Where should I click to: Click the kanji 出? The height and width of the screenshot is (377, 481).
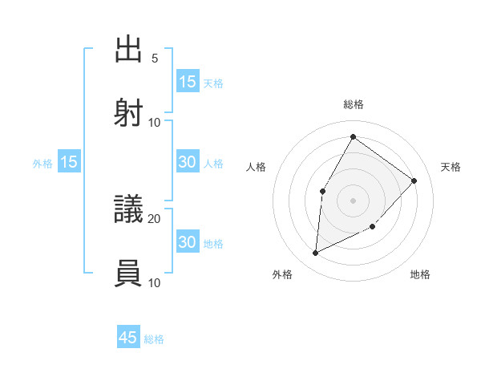coord(128,49)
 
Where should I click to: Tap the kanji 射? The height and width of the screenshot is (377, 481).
coord(128,111)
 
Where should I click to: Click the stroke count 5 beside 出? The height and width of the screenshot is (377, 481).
coord(155,59)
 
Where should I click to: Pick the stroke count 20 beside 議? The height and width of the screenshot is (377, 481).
coord(155,218)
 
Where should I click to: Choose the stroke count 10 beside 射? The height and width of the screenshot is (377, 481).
coord(155,122)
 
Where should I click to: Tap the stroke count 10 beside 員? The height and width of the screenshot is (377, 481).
coord(155,282)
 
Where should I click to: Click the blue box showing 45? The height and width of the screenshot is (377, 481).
coord(128,338)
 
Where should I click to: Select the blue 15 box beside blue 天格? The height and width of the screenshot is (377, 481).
coord(188,82)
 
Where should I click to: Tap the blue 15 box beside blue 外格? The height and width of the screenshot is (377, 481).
coord(69,162)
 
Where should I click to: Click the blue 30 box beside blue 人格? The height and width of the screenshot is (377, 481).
coord(188,162)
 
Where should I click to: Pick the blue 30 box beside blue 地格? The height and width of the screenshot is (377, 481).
coord(188,242)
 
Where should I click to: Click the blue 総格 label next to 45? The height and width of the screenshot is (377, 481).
coord(154,339)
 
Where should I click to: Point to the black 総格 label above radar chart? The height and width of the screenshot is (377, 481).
coord(353,104)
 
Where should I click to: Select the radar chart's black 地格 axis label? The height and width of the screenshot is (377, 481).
coord(420,274)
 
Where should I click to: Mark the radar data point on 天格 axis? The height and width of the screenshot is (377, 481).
coord(414,180)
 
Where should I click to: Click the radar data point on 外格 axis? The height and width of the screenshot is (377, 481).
coord(315,253)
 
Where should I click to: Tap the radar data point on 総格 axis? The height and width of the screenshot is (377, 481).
coord(353,136)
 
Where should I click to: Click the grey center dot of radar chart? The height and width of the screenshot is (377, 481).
coord(353,201)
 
